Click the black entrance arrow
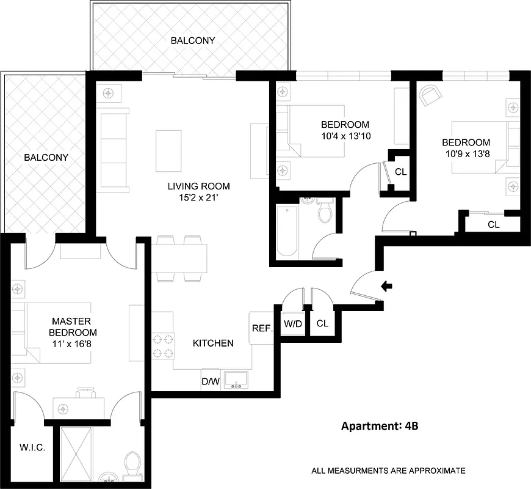point(386,285)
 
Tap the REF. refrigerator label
point(261,328)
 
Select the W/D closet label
point(293,323)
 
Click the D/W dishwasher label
point(210,382)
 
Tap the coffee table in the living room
point(168,150)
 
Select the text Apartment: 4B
point(379,426)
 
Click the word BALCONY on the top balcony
point(193,41)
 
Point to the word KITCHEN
point(213,343)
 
